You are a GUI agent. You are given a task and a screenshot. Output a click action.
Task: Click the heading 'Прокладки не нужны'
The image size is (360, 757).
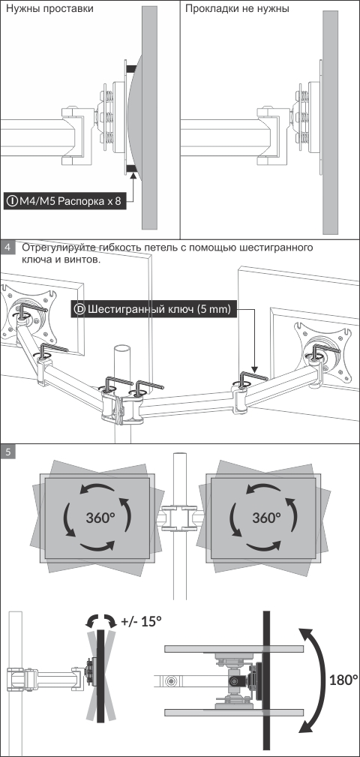click(x=237, y=9)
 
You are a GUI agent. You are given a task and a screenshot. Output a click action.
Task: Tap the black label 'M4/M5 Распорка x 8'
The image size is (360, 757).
click(x=66, y=201)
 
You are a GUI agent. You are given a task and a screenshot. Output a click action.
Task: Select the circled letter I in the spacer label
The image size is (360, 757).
click(x=12, y=201)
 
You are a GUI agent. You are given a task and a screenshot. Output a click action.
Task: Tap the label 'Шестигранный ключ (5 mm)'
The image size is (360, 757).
click(x=154, y=309)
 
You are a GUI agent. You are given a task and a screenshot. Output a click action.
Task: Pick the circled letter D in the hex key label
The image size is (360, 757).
click(x=80, y=309)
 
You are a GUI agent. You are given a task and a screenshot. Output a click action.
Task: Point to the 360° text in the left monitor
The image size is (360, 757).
click(x=100, y=518)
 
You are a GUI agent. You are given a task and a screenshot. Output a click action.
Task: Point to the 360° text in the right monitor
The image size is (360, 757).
click(x=266, y=518)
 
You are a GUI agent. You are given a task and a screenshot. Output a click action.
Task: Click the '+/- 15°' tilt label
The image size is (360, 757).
click(x=142, y=621)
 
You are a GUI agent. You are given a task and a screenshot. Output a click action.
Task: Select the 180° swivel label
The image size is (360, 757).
click(x=343, y=680)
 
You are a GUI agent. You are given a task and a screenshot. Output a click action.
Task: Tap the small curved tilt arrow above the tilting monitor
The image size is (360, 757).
click(x=100, y=619)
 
